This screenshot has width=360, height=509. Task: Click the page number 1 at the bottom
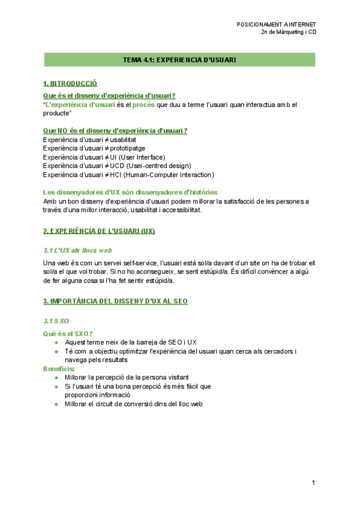click(x=313, y=483)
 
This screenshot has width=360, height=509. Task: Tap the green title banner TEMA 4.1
click(x=179, y=60)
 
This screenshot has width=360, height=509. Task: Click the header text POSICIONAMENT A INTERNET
click(x=277, y=25)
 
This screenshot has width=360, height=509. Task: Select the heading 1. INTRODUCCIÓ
click(x=70, y=83)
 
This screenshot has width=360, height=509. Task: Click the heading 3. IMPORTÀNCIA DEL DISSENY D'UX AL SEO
click(x=115, y=301)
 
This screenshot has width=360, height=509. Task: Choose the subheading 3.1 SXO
click(x=56, y=321)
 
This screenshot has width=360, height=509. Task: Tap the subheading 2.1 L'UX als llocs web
click(x=78, y=250)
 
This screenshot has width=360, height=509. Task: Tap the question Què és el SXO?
click(x=68, y=334)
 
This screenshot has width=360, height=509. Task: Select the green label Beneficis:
click(x=59, y=369)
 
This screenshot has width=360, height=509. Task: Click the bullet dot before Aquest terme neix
click(x=56, y=343)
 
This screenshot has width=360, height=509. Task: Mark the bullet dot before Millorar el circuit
click(x=56, y=405)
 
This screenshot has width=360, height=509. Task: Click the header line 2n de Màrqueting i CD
click(x=289, y=32)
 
